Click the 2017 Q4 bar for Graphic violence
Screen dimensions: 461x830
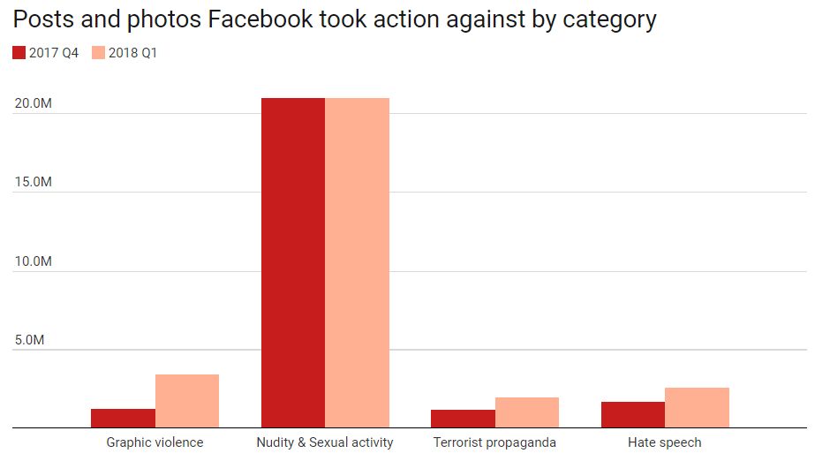point(123,419)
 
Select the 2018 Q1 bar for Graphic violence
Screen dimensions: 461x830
point(187,401)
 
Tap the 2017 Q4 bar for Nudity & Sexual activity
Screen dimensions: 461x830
point(293,263)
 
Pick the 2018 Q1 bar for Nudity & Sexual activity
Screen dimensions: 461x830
point(357,263)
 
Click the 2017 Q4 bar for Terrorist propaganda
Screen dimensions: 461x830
point(463,419)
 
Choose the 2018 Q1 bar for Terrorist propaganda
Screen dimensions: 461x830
point(527,412)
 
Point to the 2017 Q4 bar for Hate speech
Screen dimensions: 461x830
point(633,415)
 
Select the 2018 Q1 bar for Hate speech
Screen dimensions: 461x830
point(697,408)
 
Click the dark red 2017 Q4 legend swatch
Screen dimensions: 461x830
point(19,54)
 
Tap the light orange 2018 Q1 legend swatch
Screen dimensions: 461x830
point(98,54)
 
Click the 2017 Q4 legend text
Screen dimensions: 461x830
point(54,54)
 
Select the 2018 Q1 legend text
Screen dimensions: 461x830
point(133,54)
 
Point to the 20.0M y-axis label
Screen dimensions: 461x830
point(33,104)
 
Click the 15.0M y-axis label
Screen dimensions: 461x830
point(33,183)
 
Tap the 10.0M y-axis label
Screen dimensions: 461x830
point(33,262)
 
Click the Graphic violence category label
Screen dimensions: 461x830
point(155,442)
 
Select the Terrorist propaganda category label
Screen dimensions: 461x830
point(494,442)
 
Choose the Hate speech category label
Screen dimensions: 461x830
point(665,442)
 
